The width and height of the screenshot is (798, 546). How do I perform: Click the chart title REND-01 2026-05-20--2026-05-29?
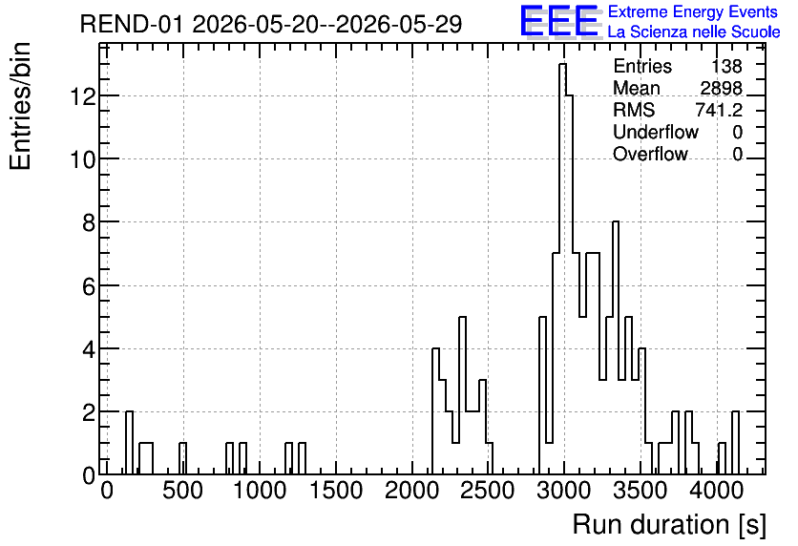point(271,24)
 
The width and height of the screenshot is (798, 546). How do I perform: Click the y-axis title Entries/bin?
point(21,106)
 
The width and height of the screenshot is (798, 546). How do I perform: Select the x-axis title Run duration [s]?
point(669,525)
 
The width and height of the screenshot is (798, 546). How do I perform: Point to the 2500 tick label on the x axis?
point(488,491)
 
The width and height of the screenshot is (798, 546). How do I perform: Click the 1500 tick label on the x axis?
point(335,491)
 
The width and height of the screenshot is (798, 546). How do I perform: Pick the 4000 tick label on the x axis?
point(717,491)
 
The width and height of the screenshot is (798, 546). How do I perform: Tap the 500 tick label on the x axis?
point(182,491)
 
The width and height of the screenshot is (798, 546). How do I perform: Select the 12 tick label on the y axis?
point(83,96)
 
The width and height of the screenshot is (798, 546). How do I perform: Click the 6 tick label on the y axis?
point(89,286)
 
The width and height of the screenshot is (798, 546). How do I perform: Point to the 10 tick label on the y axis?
point(83,159)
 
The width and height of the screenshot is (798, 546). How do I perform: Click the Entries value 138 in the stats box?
point(726,66)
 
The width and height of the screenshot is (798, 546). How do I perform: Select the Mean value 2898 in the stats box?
point(721,88)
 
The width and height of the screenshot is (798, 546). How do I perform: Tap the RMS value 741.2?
point(719,110)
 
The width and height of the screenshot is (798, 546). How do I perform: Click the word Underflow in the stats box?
point(656,132)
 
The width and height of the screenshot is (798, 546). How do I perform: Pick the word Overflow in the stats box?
point(650,154)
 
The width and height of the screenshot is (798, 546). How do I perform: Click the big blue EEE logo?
point(558,21)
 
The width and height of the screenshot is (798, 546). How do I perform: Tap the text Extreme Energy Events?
point(693,11)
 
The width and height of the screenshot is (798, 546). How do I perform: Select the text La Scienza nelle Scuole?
point(694,32)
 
